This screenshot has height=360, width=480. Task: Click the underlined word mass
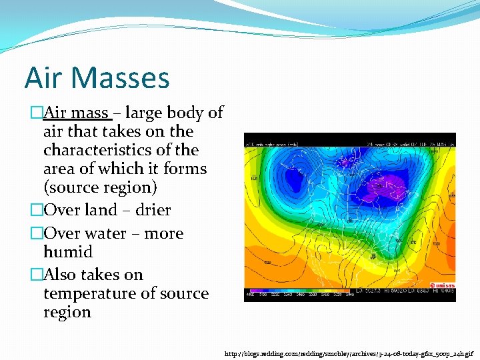tap(91, 113)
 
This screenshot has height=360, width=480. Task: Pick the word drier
tap(153, 210)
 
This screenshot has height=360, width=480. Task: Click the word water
tap(106, 233)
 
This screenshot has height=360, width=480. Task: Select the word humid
tap(68, 252)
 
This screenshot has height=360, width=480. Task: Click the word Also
tap(60, 275)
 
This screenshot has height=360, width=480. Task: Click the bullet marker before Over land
tap(36, 210)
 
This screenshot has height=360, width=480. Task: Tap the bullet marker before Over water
tap(36, 233)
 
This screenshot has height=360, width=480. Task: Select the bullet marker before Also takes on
tap(36, 275)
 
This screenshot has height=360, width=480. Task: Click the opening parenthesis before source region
tap(46, 188)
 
